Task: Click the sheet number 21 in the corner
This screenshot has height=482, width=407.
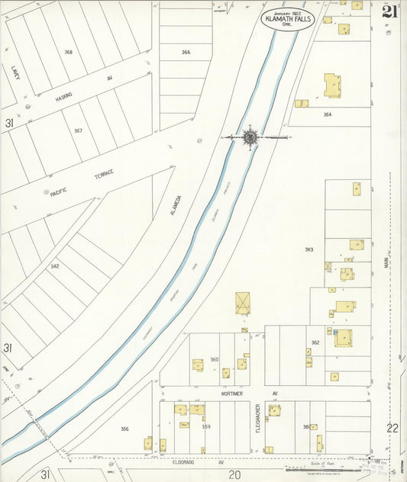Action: pos(389,11)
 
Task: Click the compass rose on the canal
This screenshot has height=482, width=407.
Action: pos(250,137)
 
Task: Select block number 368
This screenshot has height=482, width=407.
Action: pos(69,52)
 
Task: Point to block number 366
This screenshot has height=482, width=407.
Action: pos(186,52)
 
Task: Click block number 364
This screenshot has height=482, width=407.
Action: pos(328,114)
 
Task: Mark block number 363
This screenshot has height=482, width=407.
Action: pos(309,249)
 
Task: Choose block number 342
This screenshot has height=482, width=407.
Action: pos(55,266)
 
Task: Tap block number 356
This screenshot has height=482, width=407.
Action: pos(124,429)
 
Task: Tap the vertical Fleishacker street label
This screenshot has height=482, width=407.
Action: pos(259,419)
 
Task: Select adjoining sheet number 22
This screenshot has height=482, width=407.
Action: pos(392,428)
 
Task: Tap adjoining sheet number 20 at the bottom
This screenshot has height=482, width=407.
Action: pos(235,474)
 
